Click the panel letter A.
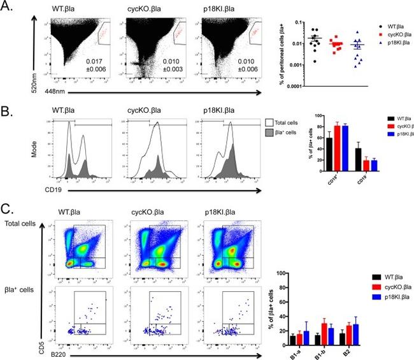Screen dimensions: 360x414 coord(9,8)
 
